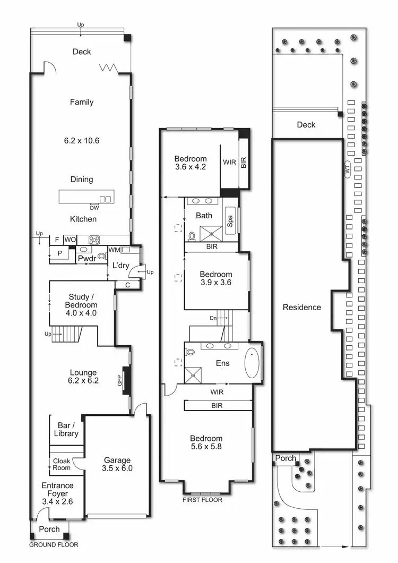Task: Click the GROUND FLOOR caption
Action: (x=53, y=544)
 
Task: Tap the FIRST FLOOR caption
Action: (x=202, y=500)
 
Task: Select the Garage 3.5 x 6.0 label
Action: (x=117, y=464)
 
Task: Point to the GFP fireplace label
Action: (x=120, y=380)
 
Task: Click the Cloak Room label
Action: (x=61, y=464)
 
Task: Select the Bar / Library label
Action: (x=66, y=429)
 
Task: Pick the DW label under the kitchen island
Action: (x=94, y=208)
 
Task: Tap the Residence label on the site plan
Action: (x=301, y=307)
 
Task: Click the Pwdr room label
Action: (x=86, y=258)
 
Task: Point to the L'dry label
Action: (x=120, y=265)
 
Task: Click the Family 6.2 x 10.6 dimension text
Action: (x=82, y=141)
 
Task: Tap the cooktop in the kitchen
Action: (x=94, y=240)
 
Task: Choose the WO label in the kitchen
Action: (x=70, y=240)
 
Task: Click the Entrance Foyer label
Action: (x=57, y=490)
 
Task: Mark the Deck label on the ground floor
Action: (x=82, y=52)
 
